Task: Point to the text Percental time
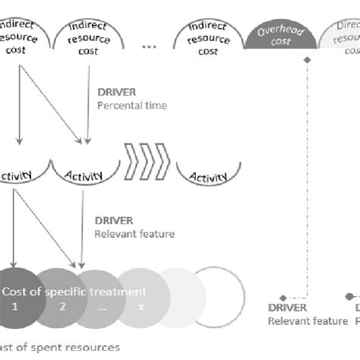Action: [x=133, y=106]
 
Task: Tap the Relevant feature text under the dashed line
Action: [x=307, y=321]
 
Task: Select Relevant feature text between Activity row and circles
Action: [x=134, y=234]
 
